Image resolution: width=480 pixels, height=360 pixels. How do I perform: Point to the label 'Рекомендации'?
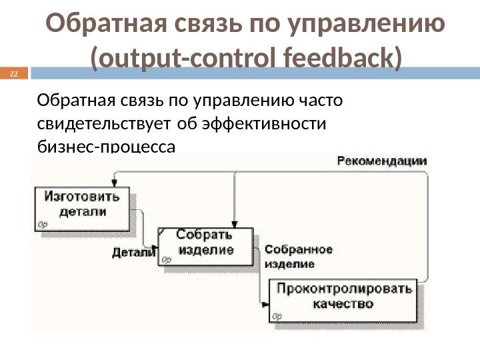tap(382, 161)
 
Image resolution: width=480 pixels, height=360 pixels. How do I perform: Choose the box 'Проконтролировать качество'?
tap(344, 297)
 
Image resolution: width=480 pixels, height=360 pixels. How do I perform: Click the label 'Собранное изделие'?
tap(298, 256)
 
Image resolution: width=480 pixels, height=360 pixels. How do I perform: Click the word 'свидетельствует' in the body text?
tap(106, 124)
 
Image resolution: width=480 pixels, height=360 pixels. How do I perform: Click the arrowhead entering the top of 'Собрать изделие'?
tap(234, 225)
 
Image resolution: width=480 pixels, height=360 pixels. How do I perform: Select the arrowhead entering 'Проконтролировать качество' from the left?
tap(266, 305)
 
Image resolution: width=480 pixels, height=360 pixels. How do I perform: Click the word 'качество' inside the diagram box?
tap(344, 304)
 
